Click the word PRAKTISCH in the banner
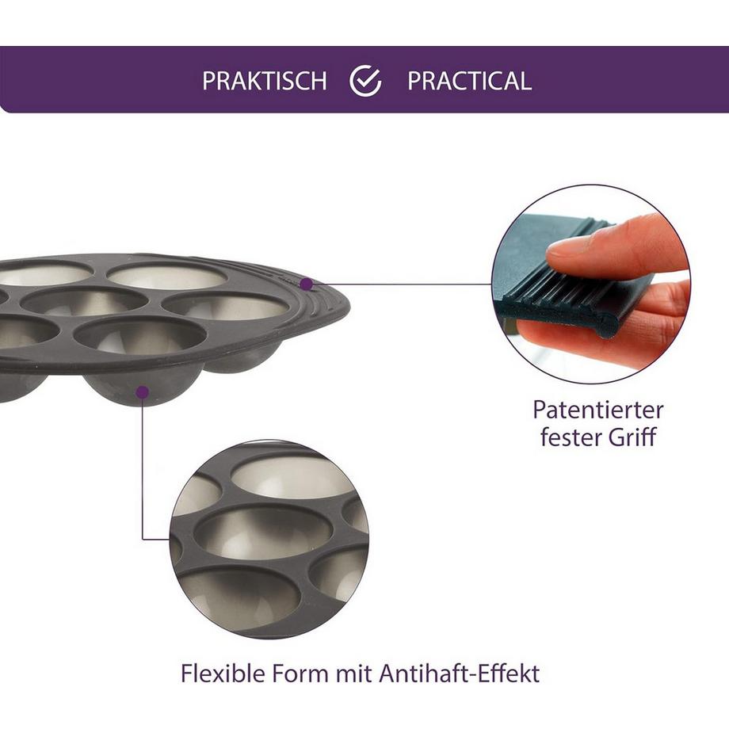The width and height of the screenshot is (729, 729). coord(264,81)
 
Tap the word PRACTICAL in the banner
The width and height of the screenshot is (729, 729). coord(469,81)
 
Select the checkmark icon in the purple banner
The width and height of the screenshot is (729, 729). coord(365,81)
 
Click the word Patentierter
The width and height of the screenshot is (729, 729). coord(597,410)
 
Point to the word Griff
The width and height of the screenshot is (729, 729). coord(629,437)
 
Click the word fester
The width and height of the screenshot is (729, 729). coord(568,437)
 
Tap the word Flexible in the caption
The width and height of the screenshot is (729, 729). coord(224,674)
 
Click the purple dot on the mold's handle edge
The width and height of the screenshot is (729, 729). coord(307,283)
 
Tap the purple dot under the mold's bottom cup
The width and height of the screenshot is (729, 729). coord(142,391)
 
